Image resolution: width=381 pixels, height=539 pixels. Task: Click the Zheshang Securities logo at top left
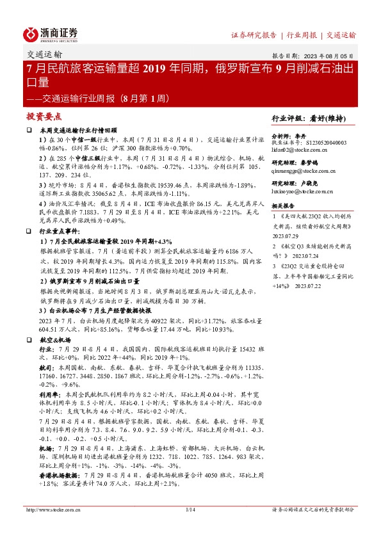pyautogui.click(x=51, y=34)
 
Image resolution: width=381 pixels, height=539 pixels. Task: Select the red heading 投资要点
pyautogui.click(x=44, y=117)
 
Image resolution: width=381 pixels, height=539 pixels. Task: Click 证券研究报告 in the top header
pyautogui.click(x=254, y=35)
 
